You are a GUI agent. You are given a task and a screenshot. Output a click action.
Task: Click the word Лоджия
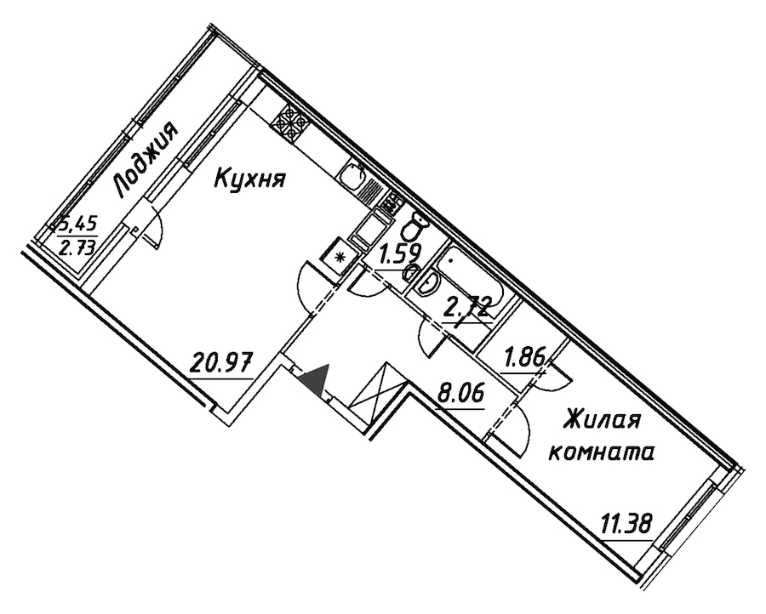[145, 159]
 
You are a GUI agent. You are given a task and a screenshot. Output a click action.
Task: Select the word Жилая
[602, 421]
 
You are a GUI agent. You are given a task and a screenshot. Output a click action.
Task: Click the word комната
[602, 453]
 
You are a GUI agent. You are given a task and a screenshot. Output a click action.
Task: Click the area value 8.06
[460, 393]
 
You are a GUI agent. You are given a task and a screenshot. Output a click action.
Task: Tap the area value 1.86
[524, 359]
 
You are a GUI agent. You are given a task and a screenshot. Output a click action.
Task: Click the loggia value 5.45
[77, 225]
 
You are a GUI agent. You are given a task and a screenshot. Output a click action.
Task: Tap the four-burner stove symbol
[290, 123]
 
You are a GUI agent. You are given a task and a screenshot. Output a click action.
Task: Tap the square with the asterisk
[340, 255]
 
